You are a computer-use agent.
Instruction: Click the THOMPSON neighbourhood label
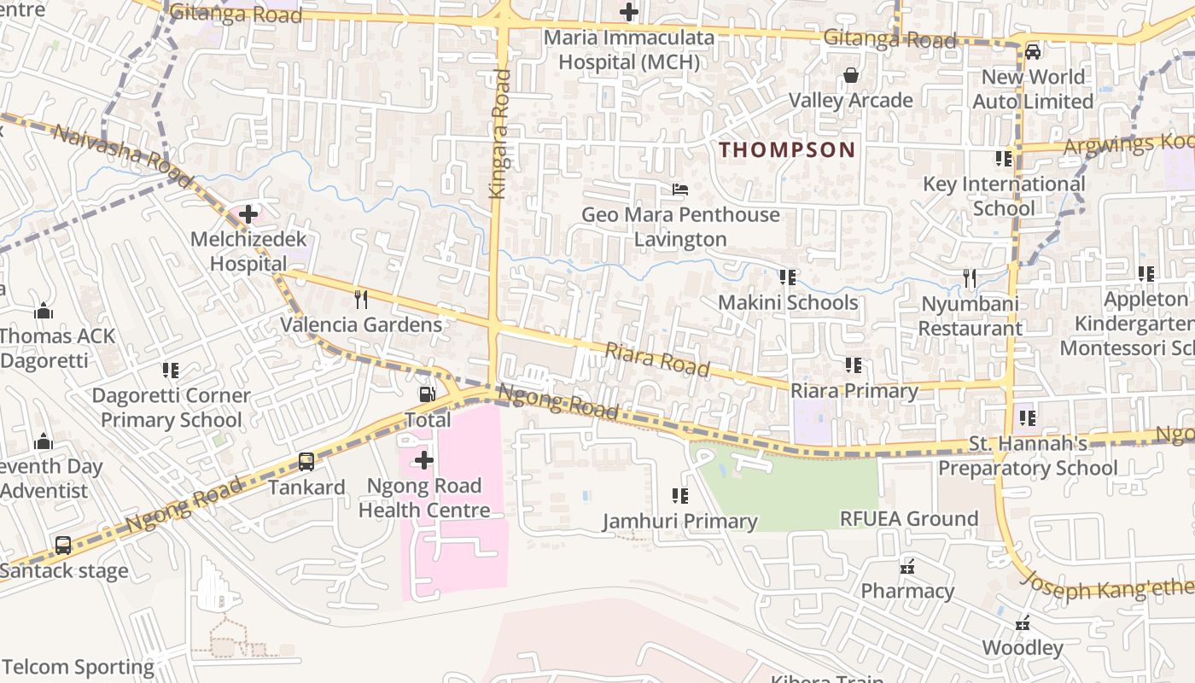786,150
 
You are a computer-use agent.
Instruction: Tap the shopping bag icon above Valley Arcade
850,76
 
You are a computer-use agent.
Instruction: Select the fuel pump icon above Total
427,394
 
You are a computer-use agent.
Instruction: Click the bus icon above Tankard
306,462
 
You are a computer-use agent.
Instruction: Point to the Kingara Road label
499,134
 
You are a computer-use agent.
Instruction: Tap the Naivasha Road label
111,146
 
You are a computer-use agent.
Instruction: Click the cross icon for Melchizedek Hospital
248,213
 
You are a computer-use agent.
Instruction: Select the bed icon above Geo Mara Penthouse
680,190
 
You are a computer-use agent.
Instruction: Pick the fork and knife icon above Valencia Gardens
361,299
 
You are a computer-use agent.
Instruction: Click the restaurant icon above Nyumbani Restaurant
970,278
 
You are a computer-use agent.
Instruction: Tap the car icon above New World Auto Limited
1033,51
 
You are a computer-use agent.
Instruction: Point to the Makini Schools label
787,303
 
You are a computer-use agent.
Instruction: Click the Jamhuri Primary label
679,522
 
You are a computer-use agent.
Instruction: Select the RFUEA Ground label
909,519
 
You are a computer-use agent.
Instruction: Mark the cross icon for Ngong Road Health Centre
423,461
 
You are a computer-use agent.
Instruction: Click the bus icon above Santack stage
63,546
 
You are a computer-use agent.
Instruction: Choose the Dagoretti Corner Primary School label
171,408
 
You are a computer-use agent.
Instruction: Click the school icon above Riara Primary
854,365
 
